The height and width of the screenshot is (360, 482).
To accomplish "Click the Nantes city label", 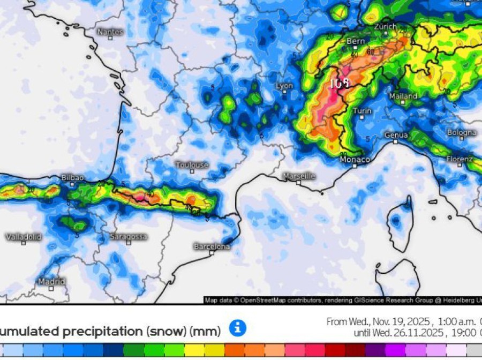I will click(110, 32).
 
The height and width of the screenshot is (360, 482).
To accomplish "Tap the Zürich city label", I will click(385, 26).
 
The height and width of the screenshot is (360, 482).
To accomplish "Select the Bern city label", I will click(356, 41).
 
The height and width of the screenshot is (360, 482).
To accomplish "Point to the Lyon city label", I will click(284, 86).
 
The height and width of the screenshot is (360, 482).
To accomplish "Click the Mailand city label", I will click(403, 96).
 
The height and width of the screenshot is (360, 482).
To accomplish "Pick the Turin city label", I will click(362, 111).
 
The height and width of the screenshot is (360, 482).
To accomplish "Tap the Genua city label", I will click(396, 135).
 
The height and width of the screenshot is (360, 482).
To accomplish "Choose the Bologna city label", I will click(461, 132).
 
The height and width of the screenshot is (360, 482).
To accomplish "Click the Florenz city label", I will click(460, 159).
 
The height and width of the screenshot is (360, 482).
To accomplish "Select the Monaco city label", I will click(355, 160).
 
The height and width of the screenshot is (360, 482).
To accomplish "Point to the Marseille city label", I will click(299, 176).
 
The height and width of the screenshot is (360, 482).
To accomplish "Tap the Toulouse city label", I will click(192, 165).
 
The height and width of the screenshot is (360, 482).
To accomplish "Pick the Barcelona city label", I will click(212, 246).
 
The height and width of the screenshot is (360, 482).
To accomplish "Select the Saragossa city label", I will click(128, 236).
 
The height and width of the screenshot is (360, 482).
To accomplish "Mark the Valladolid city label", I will click(23, 237).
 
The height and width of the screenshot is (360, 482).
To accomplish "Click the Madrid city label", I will click(51, 281).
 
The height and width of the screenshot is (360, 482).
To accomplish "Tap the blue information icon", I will click(237, 328).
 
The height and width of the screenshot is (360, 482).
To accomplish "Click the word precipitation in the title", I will click(104, 332).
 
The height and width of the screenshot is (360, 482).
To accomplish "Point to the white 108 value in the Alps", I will click(340, 84).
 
